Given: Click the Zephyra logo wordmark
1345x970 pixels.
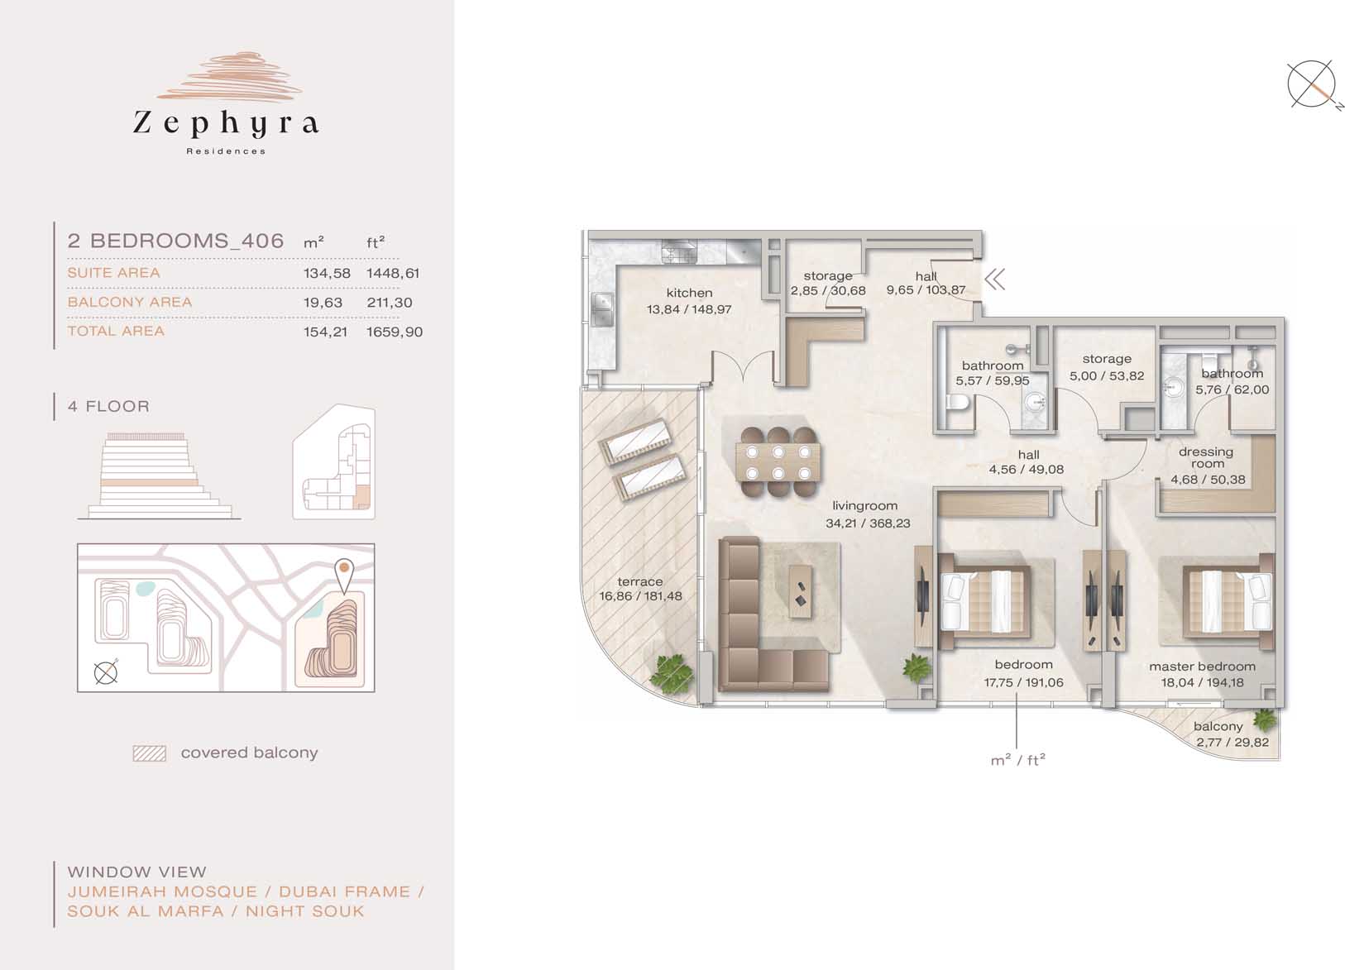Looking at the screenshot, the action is [x=226, y=124].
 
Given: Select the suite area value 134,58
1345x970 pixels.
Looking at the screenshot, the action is [x=327, y=273].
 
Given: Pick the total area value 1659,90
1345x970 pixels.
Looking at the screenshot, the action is [x=395, y=332].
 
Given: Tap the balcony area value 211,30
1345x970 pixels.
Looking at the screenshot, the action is [x=390, y=303].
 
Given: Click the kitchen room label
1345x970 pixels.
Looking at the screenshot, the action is [x=689, y=293].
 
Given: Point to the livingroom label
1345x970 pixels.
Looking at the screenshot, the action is [x=864, y=506].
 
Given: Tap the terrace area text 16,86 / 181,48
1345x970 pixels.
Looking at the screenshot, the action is [x=641, y=596].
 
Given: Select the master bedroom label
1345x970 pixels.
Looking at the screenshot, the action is [x=1202, y=667].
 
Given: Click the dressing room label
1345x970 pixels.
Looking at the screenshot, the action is [x=1206, y=457].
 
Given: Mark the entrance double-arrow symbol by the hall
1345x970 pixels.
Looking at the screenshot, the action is [x=995, y=280].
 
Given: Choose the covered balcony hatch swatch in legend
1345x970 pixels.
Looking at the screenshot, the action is [x=150, y=753].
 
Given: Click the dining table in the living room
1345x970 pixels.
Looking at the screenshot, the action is [x=778, y=461].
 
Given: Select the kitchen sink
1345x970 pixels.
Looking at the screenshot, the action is [x=601, y=308].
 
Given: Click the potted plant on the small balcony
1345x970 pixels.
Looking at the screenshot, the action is [x=1265, y=719].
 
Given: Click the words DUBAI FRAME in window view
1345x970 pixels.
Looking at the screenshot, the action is [x=344, y=892].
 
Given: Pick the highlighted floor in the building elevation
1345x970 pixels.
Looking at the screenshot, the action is [x=149, y=483].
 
